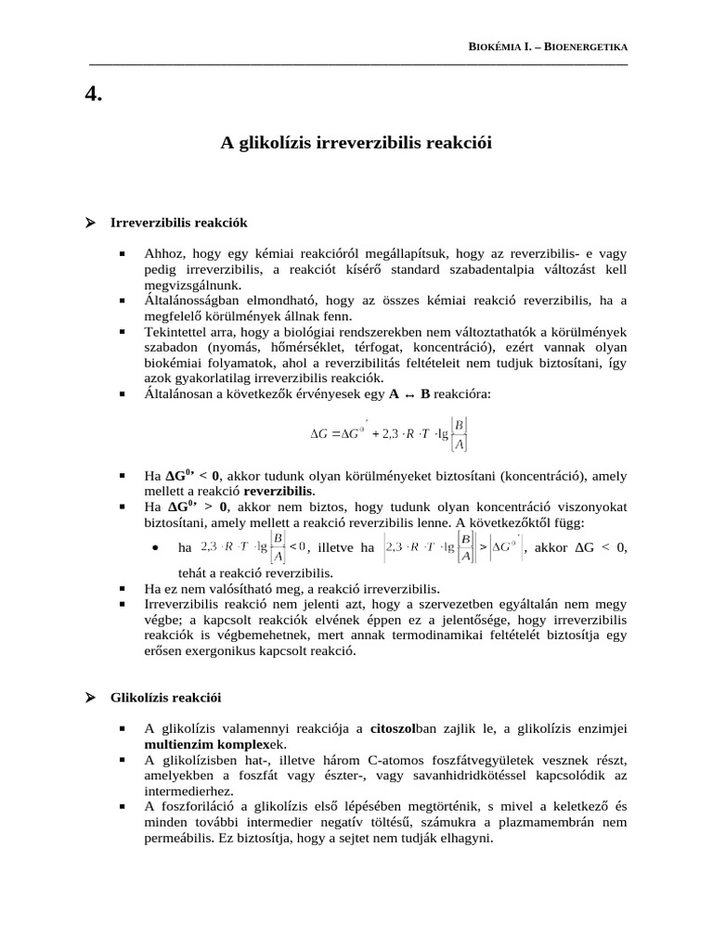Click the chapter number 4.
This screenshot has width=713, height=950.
tap(93, 93)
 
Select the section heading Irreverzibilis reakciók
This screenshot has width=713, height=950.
tap(178, 224)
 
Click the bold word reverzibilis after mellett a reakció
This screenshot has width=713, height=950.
tap(279, 490)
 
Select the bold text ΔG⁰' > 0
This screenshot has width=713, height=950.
tap(196, 507)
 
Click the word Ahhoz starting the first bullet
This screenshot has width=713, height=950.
tap(163, 252)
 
